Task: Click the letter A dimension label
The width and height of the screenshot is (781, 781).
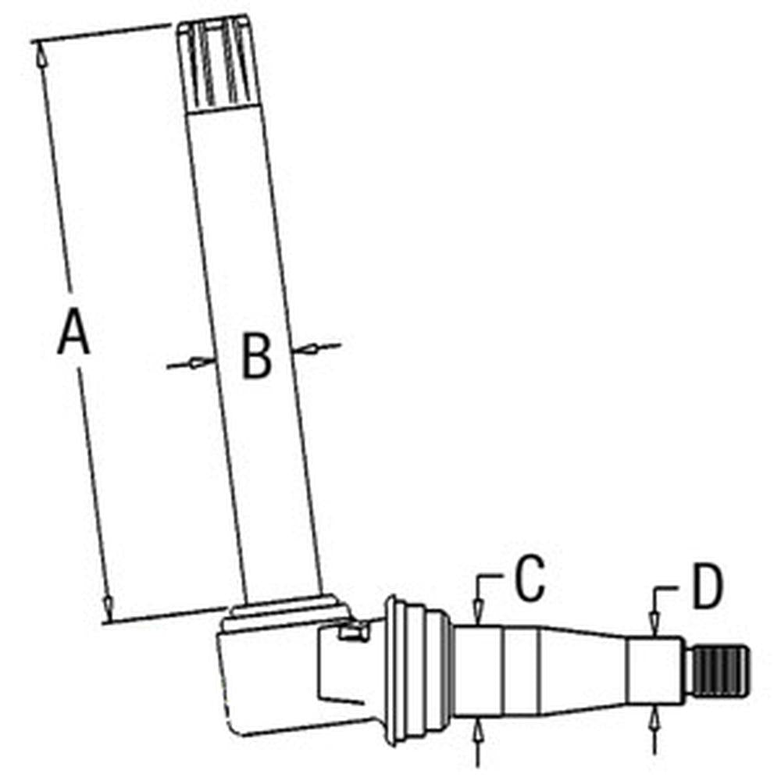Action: [x=73, y=332]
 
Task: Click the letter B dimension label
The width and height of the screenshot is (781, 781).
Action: [x=256, y=355]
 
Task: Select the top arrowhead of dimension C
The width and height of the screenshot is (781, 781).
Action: [x=479, y=611]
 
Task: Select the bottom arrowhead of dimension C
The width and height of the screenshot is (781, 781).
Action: [x=478, y=732]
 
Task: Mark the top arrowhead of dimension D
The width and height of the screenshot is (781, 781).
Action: [x=654, y=623]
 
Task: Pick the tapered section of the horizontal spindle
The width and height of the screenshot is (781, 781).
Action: [x=583, y=670]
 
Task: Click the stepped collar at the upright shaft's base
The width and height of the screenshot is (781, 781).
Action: [x=285, y=611]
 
